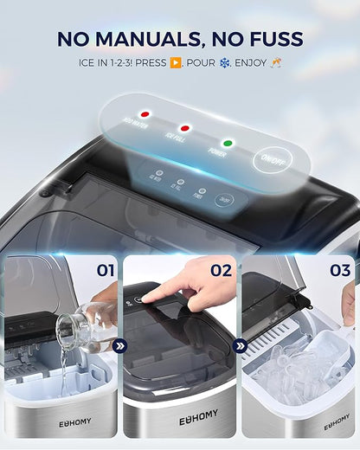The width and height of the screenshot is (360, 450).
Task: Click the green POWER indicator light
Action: click(228, 143)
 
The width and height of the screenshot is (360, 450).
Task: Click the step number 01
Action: click(105, 270)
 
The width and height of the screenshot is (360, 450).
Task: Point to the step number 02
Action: click(221, 270)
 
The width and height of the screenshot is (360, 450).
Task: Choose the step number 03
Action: click(340, 270)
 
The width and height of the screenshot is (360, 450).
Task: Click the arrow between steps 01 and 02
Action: click(120, 346)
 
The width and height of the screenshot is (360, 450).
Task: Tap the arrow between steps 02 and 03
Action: click(240, 346)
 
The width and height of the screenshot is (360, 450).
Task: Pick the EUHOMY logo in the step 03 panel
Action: click(337, 425)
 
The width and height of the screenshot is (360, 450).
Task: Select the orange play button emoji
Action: click(176, 63)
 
